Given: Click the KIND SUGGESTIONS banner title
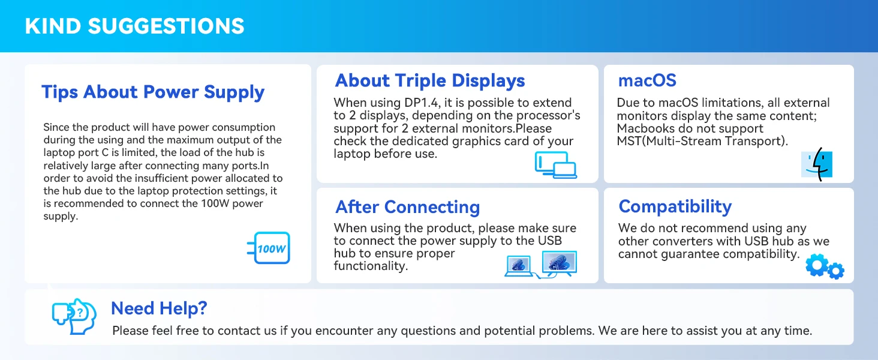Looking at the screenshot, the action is (x=134, y=26).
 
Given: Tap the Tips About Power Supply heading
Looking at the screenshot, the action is (x=153, y=92).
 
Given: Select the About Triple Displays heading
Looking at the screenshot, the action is (x=429, y=81).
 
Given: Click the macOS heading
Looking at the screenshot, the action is (x=647, y=80).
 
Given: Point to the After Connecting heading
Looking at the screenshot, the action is (x=408, y=207).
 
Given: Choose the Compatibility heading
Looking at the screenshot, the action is (x=675, y=206).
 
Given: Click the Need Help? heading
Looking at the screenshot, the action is (x=159, y=308).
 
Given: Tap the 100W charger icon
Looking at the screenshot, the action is (x=269, y=248).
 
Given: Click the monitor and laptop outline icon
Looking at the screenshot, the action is (x=556, y=165).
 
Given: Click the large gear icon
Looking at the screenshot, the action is (x=817, y=265).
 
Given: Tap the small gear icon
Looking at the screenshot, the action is (x=836, y=271).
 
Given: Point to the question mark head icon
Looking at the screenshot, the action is (x=74, y=316).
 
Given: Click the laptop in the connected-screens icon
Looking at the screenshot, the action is (x=519, y=266).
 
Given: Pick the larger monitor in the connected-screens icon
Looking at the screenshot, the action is (x=560, y=262).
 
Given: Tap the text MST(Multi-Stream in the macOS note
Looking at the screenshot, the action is (x=681, y=141).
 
